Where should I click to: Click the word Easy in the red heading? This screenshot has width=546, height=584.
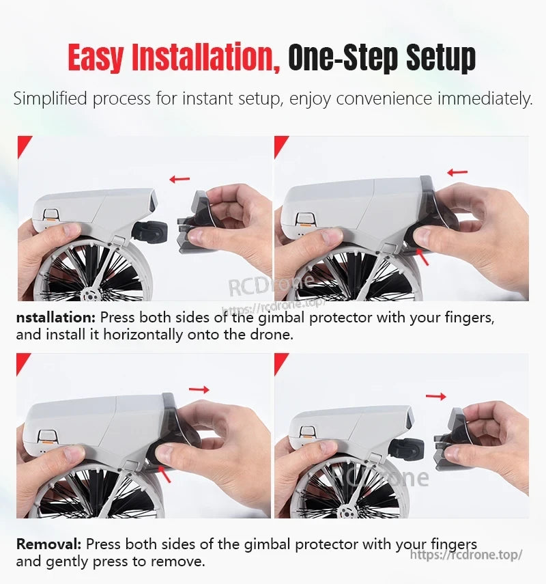click(96, 57)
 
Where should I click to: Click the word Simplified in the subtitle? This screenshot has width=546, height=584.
click(51, 99)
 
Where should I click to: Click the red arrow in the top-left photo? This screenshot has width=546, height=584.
click(180, 179)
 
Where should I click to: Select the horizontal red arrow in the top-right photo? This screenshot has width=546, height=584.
click(457, 172)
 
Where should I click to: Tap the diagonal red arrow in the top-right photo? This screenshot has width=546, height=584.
click(424, 257)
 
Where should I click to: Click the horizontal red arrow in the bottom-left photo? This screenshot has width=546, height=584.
click(199, 389)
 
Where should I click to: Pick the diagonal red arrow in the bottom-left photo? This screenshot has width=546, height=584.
click(164, 473)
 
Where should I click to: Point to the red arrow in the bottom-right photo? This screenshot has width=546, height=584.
click(435, 396)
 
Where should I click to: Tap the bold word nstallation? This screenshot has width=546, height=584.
click(57, 318)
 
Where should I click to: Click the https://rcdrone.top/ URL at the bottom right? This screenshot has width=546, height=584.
click(466, 555)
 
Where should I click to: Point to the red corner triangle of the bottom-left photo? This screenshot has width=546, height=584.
click(22, 361)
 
